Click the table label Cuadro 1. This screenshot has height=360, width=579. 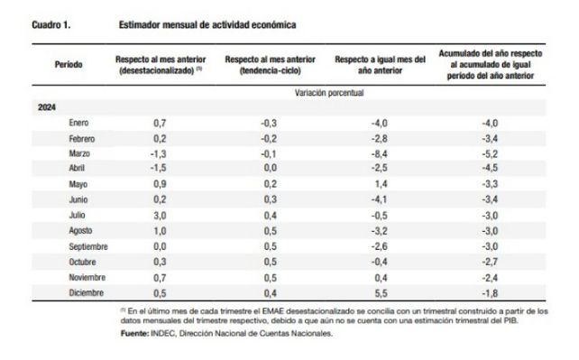(x=51, y=24)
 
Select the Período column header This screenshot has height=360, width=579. (x=69, y=65)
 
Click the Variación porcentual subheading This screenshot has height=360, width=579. (x=329, y=93)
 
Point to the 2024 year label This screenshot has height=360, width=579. (x=47, y=107)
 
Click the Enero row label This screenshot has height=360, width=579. (x=78, y=123)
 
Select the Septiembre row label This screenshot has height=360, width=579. (x=88, y=246)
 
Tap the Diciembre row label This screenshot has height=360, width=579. (x=86, y=293)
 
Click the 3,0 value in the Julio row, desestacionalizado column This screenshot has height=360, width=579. (x=160, y=216)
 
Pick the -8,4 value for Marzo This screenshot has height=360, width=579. (x=379, y=153)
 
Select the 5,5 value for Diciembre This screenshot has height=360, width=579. (x=381, y=293)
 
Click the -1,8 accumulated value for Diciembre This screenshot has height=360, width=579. (x=490, y=293)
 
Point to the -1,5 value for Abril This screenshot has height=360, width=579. (x=158, y=168)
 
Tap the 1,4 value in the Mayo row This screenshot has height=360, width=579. (x=381, y=184)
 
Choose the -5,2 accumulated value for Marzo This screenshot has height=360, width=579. (x=490, y=153)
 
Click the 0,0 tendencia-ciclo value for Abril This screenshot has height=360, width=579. (x=271, y=168)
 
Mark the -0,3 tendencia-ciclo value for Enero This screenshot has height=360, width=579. (x=269, y=123)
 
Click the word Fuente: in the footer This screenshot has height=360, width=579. (x=134, y=334)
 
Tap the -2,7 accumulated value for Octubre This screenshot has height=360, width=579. (x=490, y=262)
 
